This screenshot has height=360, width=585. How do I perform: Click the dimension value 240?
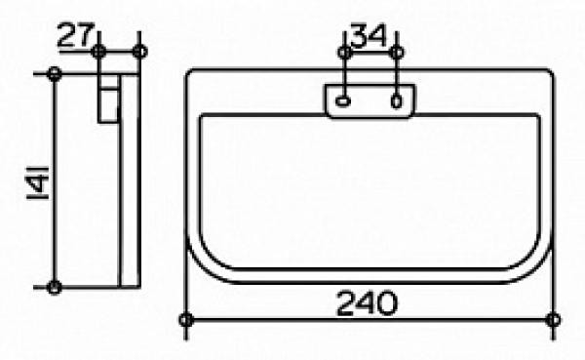click(x=368, y=303)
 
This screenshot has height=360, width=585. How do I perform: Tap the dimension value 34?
click(x=369, y=35)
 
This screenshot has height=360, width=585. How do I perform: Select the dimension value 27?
click(x=76, y=35)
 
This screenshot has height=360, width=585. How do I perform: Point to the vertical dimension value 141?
click(x=38, y=183)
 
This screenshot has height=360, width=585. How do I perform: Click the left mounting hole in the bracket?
click(x=342, y=100)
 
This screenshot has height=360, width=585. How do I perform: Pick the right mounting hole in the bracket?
click(x=396, y=100)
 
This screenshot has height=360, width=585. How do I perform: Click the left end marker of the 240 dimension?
click(x=186, y=320)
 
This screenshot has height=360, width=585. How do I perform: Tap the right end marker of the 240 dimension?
click(x=553, y=320)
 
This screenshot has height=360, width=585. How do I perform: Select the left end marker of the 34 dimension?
click(x=345, y=52)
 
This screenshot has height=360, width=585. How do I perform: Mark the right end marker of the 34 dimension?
click(x=397, y=52)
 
